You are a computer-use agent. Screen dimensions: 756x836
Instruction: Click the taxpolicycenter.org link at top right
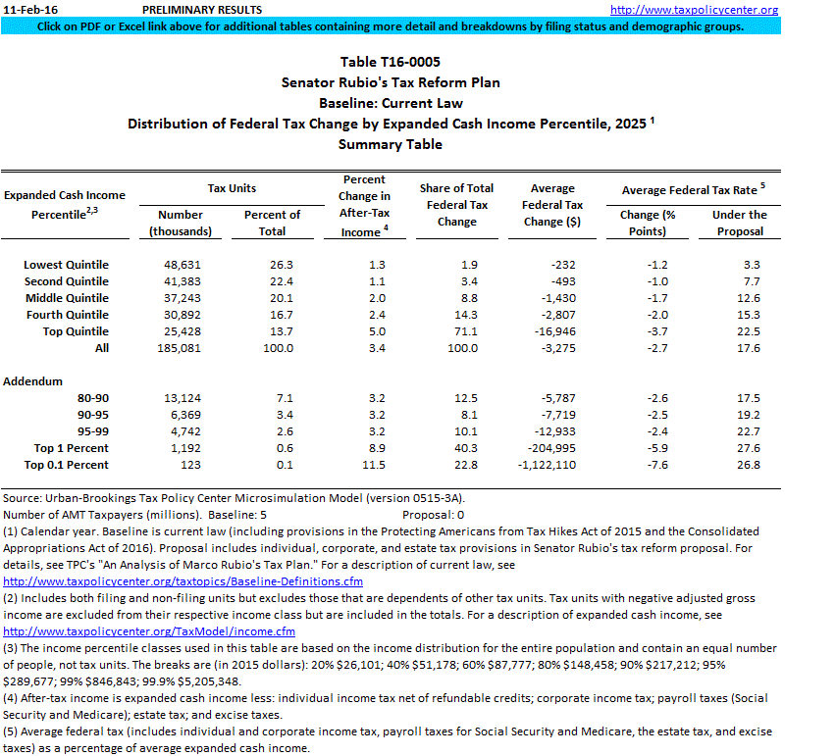pos(707,10)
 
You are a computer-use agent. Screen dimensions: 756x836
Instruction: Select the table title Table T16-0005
pos(390,62)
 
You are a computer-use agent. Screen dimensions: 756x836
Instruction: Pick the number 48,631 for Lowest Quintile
pos(181,265)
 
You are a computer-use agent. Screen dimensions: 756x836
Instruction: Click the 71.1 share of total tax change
pos(456,331)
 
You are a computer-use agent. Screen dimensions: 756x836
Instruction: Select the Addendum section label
pos(33,380)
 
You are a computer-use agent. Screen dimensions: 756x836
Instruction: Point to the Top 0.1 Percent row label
pos(67,464)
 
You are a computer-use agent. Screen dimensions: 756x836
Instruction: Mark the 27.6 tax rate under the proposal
pos(750,447)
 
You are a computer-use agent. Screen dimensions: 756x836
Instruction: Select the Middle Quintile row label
pos(68,298)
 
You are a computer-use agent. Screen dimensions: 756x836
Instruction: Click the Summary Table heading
pos(390,144)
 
